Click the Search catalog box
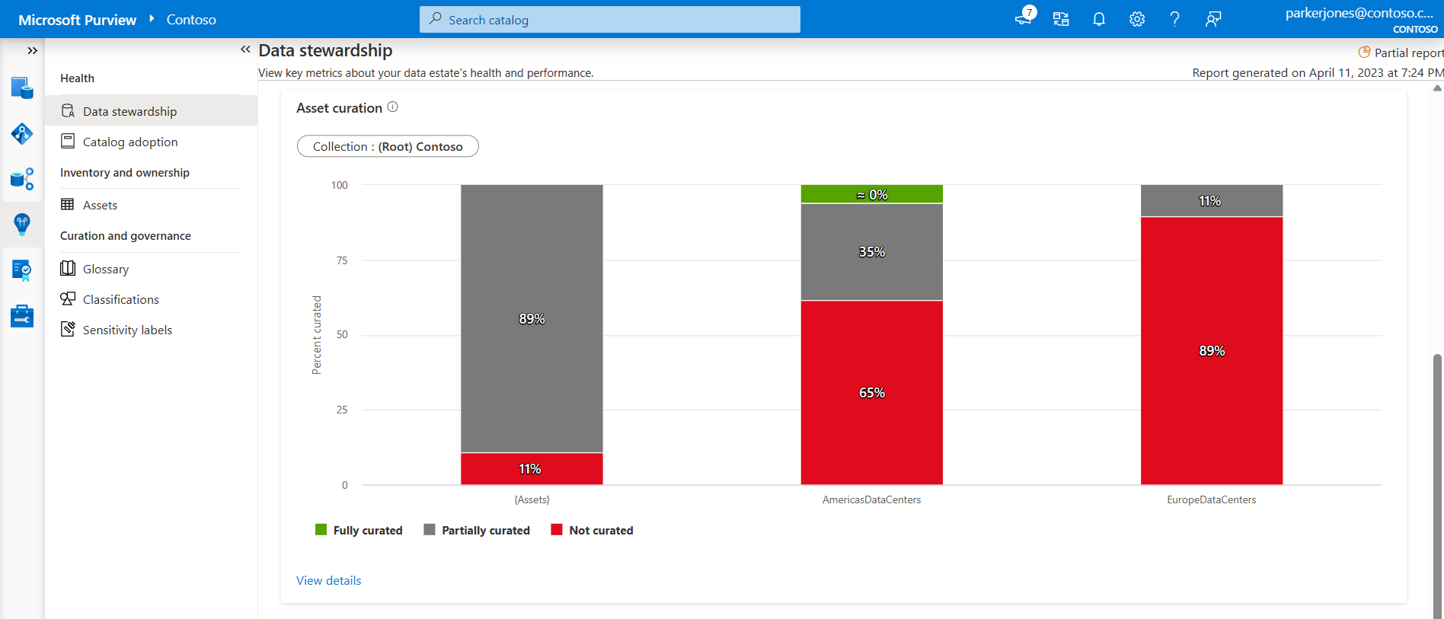click(x=609, y=20)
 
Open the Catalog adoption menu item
click(x=129, y=142)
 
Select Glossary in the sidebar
click(x=105, y=270)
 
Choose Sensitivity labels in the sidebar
click(x=127, y=330)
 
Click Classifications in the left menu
click(x=120, y=300)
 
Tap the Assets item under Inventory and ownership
click(x=100, y=206)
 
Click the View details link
click(x=328, y=581)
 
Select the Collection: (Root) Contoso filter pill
click(x=388, y=146)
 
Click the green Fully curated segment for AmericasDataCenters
click(x=871, y=194)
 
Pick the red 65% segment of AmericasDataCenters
click(x=871, y=392)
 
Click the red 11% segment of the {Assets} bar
click(x=531, y=469)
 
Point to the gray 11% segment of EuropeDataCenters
click(x=1211, y=201)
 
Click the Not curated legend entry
click(x=593, y=531)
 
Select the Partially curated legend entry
click(x=477, y=531)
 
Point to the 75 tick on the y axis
click(x=342, y=260)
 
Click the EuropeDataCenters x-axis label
click(x=1211, y=500)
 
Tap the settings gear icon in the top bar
click(x=1137, y=20)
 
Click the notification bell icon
click(x=1099, y=20)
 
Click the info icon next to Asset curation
click(x=393, y=107)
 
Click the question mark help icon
click(x=1174, y=20)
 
